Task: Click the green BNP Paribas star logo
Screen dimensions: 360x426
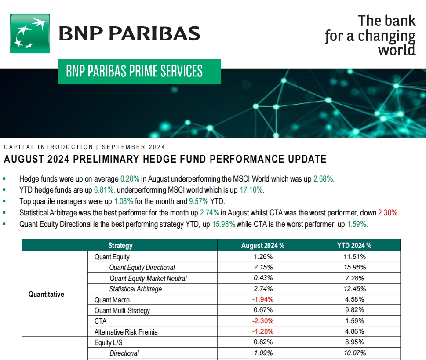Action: click(30, 33)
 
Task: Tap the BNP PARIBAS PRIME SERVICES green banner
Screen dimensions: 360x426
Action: click(139, 71)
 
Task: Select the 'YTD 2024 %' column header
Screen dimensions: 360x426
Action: click(354, 246)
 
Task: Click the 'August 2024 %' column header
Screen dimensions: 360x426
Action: click(263, 246)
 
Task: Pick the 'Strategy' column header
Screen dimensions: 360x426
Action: click(120, 246)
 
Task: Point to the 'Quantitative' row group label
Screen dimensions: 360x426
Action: click(46, 294)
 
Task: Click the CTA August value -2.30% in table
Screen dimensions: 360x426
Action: click(263, 321)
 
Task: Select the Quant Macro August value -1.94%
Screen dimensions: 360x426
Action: click(263, 299)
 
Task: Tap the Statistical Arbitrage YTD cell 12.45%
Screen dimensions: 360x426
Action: click(354, 289)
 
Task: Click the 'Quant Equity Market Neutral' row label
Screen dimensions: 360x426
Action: click(148, 278)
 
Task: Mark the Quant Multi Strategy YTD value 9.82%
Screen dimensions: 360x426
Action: click(354, 310)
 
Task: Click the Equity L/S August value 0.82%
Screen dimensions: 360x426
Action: click(263, 342)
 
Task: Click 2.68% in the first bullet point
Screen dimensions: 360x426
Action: click(324, 179)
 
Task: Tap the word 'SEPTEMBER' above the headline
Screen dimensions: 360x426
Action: click(123, 147)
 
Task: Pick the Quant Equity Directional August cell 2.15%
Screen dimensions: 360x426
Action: click(263, 267)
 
